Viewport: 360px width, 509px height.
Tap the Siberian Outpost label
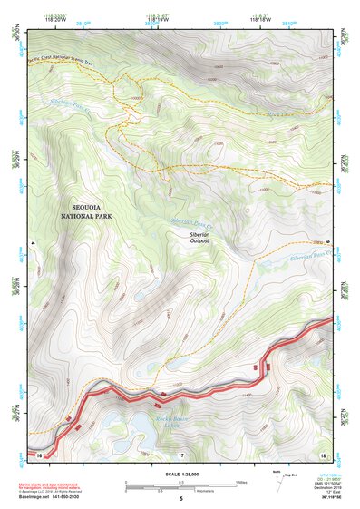coord(199,237)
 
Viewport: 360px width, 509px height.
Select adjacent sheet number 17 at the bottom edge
coord(180,453)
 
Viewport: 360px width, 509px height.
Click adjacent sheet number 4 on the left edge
coord(32,243)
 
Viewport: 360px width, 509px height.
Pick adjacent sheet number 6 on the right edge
coord(329,243)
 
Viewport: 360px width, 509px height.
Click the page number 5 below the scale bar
coord(180,499)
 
